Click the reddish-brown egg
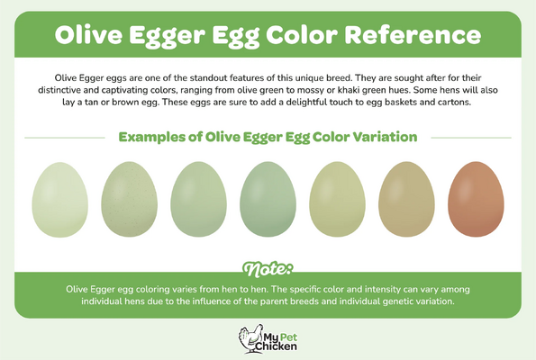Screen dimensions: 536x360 point(476,199)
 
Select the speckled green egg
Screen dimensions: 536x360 point(129,199)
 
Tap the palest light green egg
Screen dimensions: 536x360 point(59,200)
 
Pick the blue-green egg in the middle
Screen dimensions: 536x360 point(268,199)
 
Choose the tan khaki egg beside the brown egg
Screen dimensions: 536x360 point(406,199)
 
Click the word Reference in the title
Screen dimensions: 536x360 point(413,35)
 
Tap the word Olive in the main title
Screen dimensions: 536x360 point(88,35)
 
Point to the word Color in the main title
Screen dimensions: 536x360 point(302,35)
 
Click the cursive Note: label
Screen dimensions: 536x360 point(268,269)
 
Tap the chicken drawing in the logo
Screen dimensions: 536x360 point(250,338)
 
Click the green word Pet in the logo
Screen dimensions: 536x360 point(289,337)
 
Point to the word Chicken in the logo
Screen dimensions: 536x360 point(277,346)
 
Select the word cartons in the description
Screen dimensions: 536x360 point(454,102)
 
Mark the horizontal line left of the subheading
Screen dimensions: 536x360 point(65,138)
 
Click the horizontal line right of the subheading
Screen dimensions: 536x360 point(471,138)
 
